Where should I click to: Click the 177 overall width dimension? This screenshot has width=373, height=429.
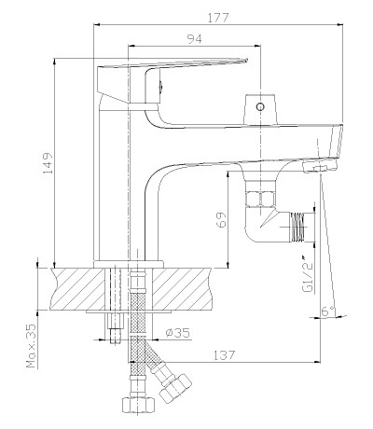218,18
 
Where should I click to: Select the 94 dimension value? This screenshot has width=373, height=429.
194,39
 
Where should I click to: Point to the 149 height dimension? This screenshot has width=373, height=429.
47,165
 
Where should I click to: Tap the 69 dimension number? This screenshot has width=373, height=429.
221,219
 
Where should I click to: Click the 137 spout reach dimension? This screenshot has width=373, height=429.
224,354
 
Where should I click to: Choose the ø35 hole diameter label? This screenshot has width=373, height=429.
177,333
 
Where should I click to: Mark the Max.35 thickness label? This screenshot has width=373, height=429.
31,346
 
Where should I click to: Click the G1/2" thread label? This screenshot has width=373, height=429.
307,273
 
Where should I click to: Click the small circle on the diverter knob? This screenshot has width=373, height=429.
260,107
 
